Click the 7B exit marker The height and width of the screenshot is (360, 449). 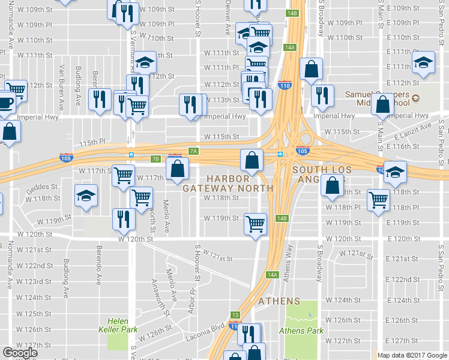point(155,159)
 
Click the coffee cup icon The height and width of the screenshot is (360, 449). point(5,102)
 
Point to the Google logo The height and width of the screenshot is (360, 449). point(20,353)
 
